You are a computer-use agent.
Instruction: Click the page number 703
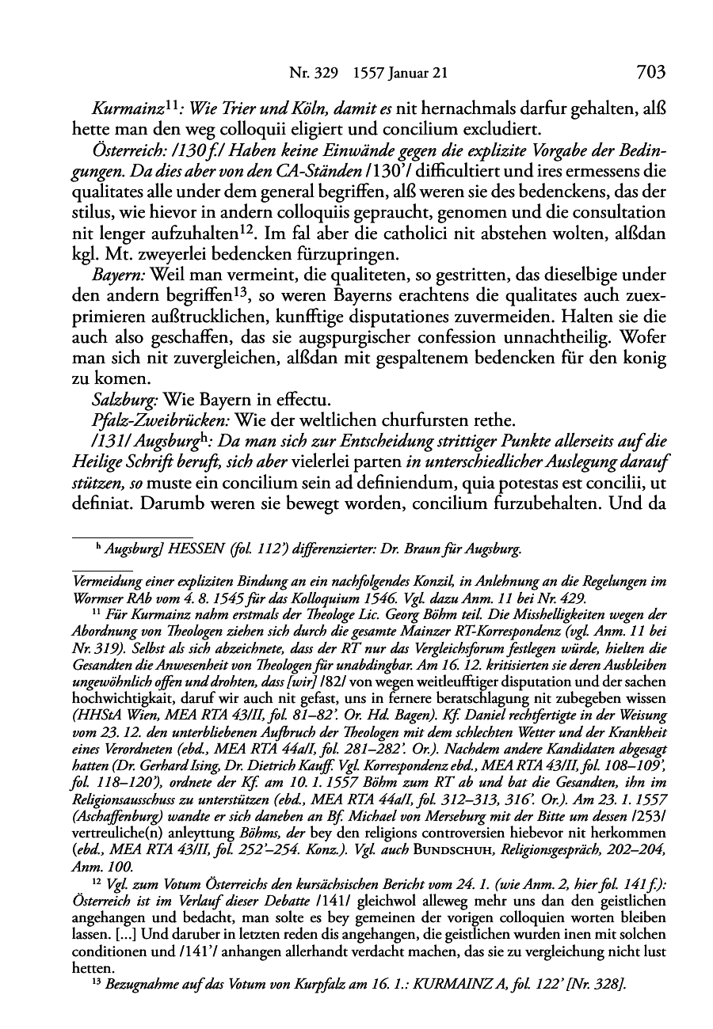coord(649,73)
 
